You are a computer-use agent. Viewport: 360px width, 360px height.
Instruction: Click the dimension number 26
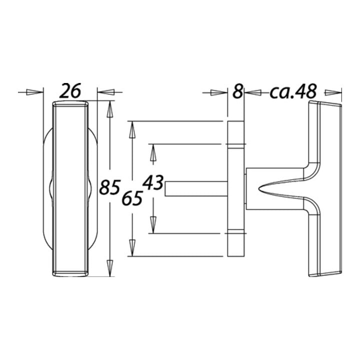click(x=70, y=91)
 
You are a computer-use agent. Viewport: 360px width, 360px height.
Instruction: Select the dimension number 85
click(x=109, y=187)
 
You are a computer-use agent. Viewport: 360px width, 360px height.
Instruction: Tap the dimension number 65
click(x=132, y=198)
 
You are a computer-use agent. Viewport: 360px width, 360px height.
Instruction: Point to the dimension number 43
click(x=153, y=182)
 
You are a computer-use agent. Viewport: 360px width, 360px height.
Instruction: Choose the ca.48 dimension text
click(x=293, y=91)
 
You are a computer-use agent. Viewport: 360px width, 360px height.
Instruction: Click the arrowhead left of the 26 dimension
click(x=34, y=92)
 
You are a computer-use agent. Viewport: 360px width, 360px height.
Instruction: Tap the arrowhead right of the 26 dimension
click(x=106, y=92)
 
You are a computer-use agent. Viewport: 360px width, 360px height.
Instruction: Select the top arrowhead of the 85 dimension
click(x=110, y=109)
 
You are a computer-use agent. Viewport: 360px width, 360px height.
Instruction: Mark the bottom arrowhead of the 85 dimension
click(x=110, y=268)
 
